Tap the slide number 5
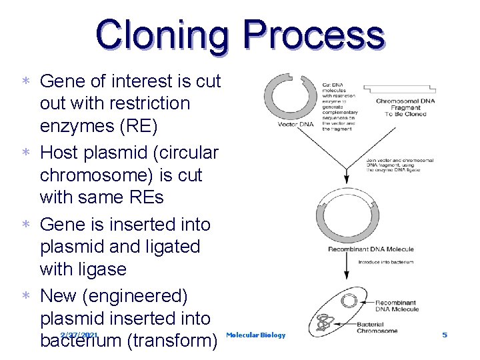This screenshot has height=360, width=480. coord(445,335)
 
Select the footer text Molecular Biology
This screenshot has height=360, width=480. coord(256,335)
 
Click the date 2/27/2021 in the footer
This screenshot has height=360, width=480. coord(79,335)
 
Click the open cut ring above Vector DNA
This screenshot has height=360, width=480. coord(291,95)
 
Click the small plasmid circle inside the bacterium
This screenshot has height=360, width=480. coord(348,301)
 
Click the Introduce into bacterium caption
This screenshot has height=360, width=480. coord(385,262)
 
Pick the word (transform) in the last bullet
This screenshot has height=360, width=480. coord(171,341)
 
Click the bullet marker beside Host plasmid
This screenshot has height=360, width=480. coord(25,153)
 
